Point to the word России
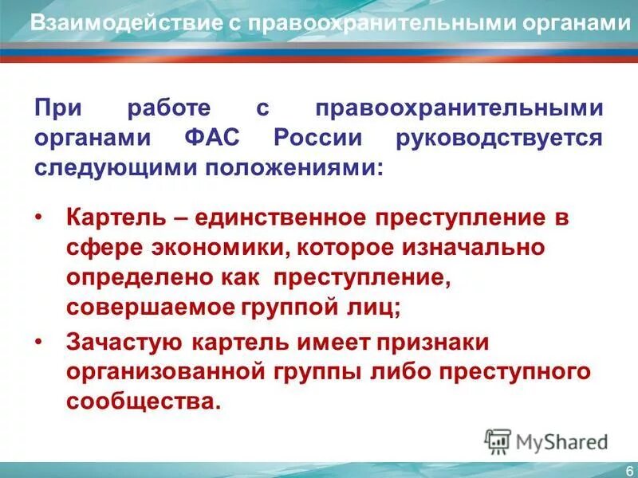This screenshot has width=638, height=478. coord(318,137)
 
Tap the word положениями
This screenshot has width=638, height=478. coord(274,167)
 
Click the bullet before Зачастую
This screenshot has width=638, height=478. coord(40,343)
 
